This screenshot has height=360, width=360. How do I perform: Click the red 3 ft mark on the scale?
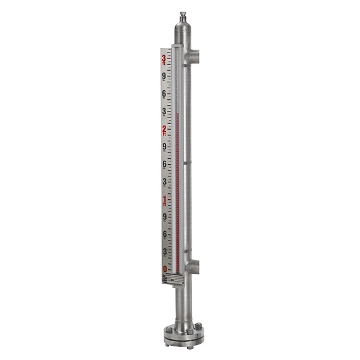coord(164,60)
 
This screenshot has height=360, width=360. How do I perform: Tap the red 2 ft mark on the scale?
coord(164,130)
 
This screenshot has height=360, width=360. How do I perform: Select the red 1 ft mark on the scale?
coord(164,200)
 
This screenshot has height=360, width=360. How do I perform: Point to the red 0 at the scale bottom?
coord(165,269)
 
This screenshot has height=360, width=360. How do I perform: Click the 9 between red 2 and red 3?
coord(164,77)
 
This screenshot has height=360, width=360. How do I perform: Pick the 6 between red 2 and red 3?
coord(164,94)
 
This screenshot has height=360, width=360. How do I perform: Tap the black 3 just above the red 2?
coord(164,112)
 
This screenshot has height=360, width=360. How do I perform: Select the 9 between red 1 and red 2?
coord(164,147)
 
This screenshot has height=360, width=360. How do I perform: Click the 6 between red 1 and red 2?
coord(164,164)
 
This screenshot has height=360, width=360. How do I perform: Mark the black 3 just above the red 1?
coord(164,182)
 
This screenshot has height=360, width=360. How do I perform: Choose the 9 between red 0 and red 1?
coord(164,217)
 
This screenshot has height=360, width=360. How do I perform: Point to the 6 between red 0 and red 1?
coord(164,234)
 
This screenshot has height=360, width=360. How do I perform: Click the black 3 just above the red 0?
coord(164,252)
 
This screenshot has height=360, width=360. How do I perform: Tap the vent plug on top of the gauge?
coord(181,14)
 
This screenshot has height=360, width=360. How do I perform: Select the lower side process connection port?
coord(195,266)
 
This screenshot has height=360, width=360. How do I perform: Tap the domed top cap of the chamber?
coord(181,29)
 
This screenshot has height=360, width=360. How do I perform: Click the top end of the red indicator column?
coord(176,113)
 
